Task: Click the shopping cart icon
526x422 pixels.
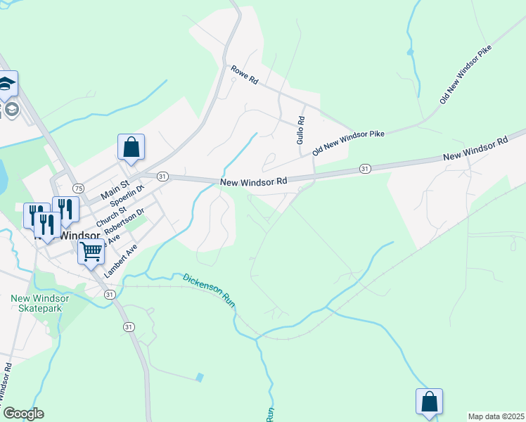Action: [91, 250]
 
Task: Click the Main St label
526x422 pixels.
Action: [116, 186]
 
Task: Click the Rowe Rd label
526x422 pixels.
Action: [245, 75]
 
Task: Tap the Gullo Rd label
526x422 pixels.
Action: [300, 131]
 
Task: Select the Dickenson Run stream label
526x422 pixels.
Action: [209, 289]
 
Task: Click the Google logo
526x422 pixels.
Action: [23, 414]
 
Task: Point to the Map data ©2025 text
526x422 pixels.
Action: [496, 416]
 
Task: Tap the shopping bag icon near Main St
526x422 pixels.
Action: [131, 148]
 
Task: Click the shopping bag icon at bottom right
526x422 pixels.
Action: [429, 402]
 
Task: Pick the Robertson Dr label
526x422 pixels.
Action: [124, 221]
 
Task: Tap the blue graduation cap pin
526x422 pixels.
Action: [7, 84]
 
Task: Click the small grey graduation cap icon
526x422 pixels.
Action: [12, 109]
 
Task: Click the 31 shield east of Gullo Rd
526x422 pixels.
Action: [365, 169]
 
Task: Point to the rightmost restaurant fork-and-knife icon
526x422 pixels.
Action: [65, 209]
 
